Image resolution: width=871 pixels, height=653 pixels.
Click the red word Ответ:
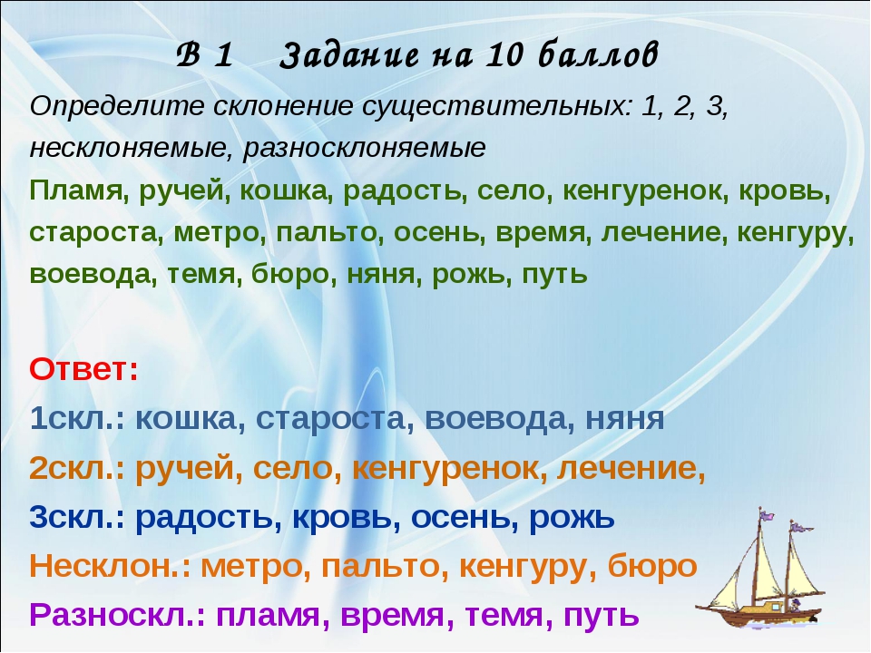(83, 369)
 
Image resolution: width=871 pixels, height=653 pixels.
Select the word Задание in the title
(348, 56)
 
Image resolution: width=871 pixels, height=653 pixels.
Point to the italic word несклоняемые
(131, 148)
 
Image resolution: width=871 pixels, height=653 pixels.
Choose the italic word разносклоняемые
(364, 149)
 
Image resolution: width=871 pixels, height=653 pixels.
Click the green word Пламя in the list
(75, 190)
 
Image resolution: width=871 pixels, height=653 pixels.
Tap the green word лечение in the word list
(663, 233)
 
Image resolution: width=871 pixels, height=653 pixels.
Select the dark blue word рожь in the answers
(571, 518)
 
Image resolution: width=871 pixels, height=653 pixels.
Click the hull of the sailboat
(760, 613)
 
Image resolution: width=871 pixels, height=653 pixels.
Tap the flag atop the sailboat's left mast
(768, 514)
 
